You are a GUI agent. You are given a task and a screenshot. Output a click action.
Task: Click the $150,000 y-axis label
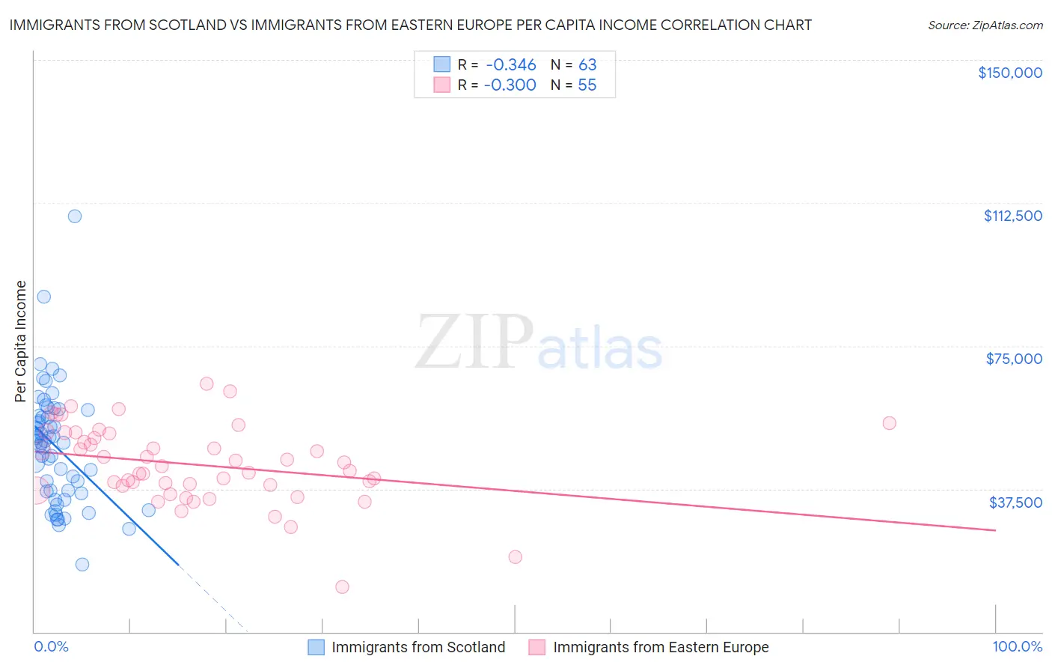tap(1009, 73)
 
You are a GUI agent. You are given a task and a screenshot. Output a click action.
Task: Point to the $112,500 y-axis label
tap(1012, 216)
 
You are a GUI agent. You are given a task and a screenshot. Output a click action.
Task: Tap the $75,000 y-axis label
tap(1014, 359)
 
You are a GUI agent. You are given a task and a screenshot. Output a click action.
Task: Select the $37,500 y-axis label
tap(1015, 502)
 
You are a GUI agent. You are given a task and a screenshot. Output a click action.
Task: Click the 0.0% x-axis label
tap(51, 646)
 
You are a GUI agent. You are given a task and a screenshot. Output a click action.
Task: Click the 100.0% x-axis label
tap(1017, 646)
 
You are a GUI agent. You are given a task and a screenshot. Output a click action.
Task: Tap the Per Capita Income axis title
tap(21, 341)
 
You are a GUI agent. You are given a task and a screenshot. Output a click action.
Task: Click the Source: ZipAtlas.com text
tap(985, 25)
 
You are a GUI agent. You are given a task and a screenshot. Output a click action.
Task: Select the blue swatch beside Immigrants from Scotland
tap(316, 647)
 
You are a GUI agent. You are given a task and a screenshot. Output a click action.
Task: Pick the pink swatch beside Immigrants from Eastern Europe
tap(537, 647)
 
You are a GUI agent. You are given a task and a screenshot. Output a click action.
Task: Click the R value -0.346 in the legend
tap(510, 65)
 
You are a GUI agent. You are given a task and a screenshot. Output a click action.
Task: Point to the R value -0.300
tap(510, 85)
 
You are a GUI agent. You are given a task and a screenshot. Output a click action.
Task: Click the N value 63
tap(587, 65)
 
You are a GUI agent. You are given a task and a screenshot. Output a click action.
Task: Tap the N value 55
tap(587, 85)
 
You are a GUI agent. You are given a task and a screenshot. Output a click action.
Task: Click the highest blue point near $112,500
tap(75, 216)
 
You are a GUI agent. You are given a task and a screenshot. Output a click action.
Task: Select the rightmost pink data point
tap(889, 423)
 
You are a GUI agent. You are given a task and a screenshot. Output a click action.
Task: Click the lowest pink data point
tap(342, 587)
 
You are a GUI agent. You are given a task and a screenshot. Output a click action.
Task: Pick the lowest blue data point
tap(82, 565)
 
